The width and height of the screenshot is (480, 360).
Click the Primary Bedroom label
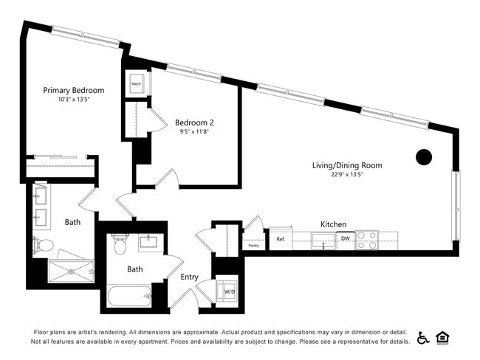click(73, 90)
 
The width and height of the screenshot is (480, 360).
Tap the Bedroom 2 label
click(194, 122)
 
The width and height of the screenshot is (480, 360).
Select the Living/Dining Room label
click(347, 165)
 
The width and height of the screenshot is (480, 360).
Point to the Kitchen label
click(333, 224)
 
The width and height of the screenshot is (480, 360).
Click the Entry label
click(190, 277)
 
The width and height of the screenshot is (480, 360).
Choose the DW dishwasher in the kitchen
click(345, 238)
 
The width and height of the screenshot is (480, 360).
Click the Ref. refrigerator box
click(281, 239)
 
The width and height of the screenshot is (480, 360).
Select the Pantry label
click(253, 245)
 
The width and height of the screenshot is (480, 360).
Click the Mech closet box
click(137, 84)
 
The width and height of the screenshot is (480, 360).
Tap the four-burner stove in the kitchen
click(367, 240)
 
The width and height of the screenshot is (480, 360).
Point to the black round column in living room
click(423, 156)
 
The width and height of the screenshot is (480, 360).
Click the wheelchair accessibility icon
click(422, 337)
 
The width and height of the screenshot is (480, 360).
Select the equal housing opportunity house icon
click(443, 337)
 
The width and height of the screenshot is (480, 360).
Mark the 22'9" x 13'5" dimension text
click(347, 175)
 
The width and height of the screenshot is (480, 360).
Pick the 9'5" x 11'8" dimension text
click(194, 132)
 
